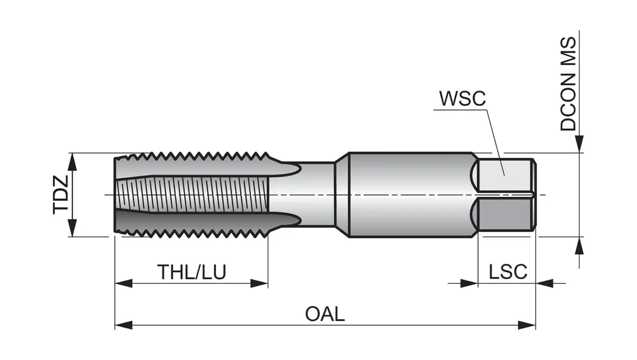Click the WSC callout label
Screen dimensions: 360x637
(462, 99)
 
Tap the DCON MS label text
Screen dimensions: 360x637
(568, 83)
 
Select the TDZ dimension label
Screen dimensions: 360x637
(61, 195)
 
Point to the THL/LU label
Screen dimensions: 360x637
(192, 272)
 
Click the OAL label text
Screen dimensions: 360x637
(325, 314)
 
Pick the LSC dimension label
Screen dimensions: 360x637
(508, 272)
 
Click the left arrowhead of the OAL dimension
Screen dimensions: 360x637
(123, 325)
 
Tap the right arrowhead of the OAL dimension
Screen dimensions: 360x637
(527, 325)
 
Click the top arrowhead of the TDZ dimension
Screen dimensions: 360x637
(72, 161)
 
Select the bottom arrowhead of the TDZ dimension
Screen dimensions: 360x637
(72, 228)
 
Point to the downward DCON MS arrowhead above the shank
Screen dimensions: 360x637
(579, 145)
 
